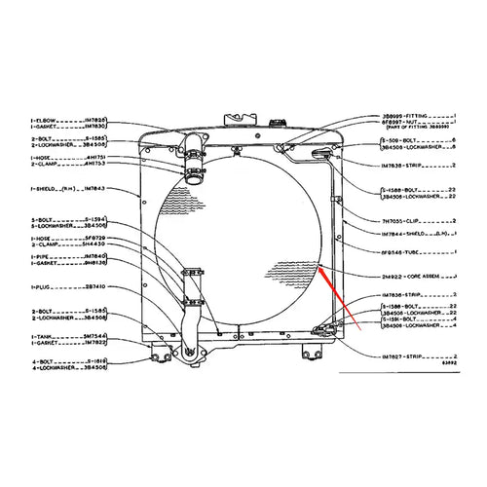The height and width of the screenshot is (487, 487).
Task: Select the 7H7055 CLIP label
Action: pyautogui.click(x=409, y=221)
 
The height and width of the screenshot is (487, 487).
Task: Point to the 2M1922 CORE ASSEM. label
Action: pyautogui.click(x=414, y=277)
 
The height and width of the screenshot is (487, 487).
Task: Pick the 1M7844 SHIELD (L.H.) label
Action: pyautogui.click(x=414, y=235)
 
